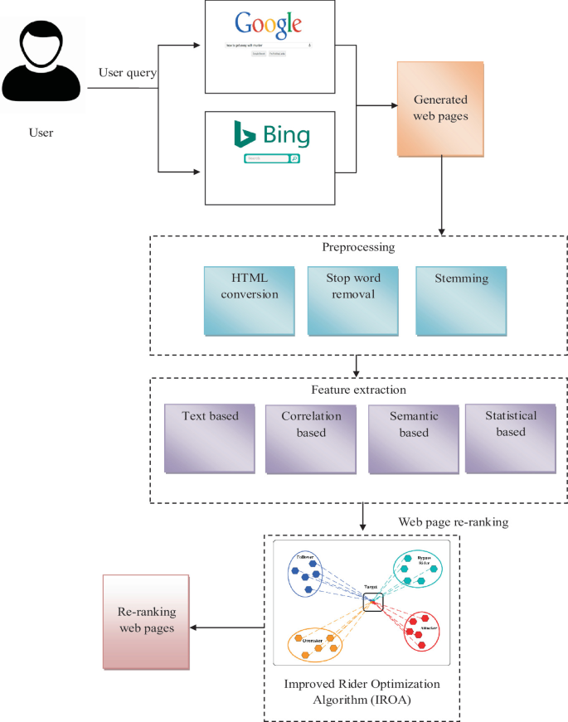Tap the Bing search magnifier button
pos(294,158)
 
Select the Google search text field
pos(267,46)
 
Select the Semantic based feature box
pos(413,438)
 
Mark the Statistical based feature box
pos(510,438)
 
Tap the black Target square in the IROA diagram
pos(372,603)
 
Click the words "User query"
pos(128,72)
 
